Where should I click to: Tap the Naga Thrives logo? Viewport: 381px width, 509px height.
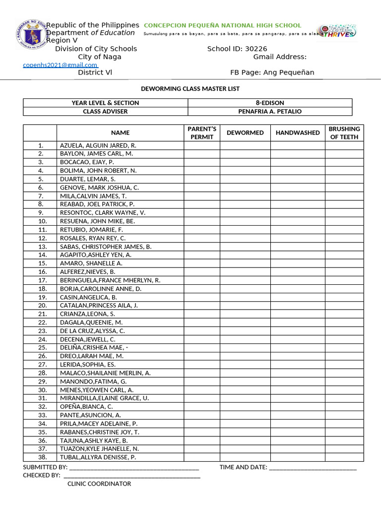point(337,31)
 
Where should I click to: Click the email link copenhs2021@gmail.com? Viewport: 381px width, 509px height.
point(60,65)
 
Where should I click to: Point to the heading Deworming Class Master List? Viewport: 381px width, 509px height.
point(190,88)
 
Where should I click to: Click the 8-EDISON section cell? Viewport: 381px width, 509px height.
point(270,103)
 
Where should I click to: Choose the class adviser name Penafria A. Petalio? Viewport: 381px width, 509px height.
point(270,111)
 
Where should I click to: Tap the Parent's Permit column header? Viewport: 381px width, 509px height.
point(202,133)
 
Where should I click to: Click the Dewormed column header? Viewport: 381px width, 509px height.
point(245,133)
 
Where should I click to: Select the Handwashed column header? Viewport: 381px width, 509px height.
point(298,133)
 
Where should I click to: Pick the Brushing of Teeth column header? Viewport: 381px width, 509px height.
point(344,133)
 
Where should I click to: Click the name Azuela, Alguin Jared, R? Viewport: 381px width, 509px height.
point(98,145)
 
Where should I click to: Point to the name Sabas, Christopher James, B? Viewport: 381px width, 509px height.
point(106,247)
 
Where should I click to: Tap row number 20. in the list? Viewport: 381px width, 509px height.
point(42,306)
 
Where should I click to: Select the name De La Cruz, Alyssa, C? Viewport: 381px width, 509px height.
point(92,331)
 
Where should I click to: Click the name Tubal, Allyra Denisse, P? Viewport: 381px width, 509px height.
point(98,457)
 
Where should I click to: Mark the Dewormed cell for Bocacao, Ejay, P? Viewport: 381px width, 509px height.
point(245,162)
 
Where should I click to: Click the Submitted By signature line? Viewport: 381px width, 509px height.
point(134,468)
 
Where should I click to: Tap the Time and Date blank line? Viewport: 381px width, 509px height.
point(313,468)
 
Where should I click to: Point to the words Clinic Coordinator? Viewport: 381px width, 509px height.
point(99,484)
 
